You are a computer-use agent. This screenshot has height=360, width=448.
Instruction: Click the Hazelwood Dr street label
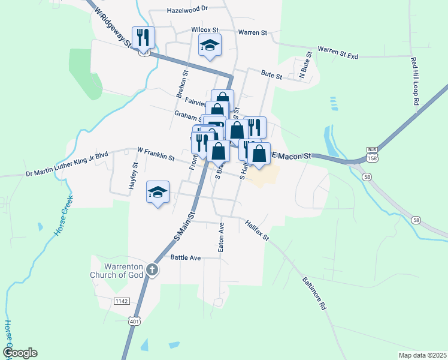[x=187, y=10]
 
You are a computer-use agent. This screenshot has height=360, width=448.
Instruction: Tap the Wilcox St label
[x=206, y=29]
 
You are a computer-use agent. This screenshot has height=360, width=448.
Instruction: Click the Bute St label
[x=271, y=75]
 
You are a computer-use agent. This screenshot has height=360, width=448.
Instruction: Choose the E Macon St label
[x=292, y=156]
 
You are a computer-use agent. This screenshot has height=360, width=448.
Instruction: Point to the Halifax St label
[x=258, y=231]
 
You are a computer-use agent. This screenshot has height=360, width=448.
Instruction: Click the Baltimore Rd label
[x=314, y=293]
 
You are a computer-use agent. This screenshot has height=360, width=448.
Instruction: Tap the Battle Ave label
[x=186, y=257]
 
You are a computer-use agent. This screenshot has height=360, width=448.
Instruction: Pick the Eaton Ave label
[x=221, y=237]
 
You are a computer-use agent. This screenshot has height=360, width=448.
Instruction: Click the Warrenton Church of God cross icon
[x=152, y=269]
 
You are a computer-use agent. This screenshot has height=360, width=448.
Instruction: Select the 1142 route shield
[x=122, y=300]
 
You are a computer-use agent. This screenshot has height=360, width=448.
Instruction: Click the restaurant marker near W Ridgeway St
[x=143, y=38]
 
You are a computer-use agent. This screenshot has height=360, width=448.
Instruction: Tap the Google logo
[x=20, y=353]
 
